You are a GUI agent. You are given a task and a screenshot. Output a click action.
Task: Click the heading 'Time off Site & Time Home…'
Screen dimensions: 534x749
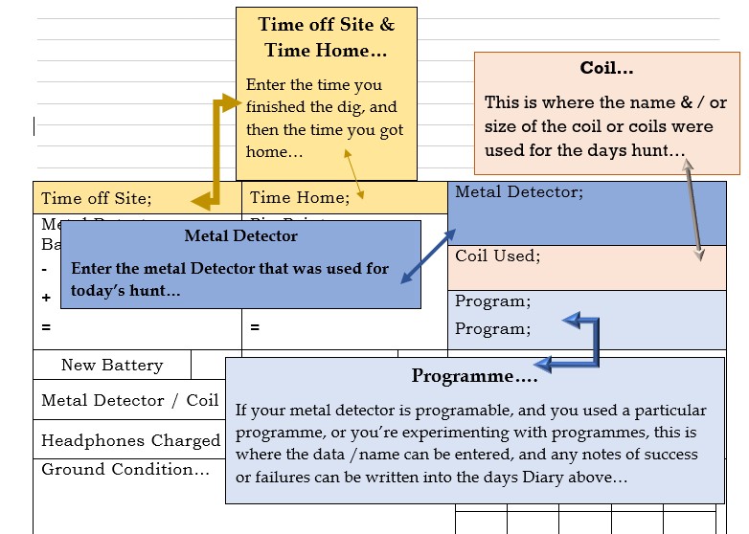326,37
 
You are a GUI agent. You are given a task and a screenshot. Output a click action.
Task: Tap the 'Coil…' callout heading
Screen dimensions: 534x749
606,68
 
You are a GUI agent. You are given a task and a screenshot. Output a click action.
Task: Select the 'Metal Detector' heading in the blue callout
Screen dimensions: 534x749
240,235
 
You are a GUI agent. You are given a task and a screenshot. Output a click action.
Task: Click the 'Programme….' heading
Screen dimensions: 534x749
474,375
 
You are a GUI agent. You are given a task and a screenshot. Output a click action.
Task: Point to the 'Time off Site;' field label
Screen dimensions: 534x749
96,199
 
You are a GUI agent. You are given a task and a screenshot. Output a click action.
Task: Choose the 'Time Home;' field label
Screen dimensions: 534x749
299,198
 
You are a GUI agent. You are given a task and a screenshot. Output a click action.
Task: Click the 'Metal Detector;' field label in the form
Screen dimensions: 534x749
518,192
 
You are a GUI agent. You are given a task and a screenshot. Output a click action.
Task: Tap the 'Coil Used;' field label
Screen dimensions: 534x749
497,256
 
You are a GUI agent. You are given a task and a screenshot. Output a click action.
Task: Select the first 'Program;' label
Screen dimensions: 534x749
492,301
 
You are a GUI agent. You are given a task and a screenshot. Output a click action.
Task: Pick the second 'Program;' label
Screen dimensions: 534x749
492,329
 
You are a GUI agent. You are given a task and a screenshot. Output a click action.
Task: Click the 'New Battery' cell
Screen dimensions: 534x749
112,365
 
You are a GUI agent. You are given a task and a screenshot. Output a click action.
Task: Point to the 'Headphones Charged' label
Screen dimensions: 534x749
130,441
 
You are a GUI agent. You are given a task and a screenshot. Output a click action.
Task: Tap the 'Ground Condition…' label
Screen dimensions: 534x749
125,469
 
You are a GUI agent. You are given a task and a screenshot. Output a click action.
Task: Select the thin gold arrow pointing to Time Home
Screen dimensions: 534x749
353,173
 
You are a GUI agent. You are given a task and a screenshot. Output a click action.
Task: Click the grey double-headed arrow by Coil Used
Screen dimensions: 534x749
692,209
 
